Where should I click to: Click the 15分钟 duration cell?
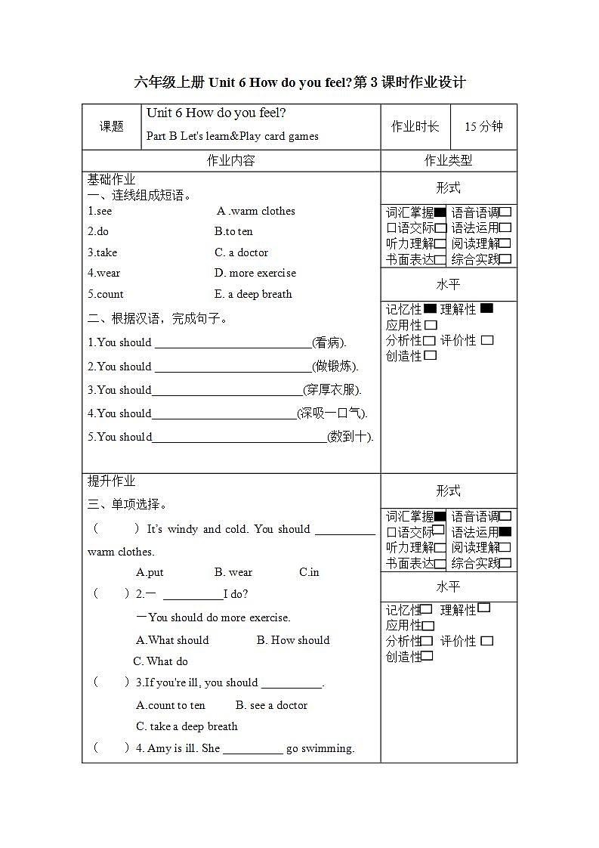pos(483,126)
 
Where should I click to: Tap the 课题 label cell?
pos(112,126)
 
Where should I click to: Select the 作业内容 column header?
pos(231,160)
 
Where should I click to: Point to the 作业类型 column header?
pos(448,160)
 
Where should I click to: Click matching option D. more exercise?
pos(255,273)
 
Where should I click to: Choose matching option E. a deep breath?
pos(253,294)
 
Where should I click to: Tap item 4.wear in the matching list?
pos(103,273)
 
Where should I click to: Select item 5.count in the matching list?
pos(105,294)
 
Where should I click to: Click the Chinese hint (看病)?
pos(329,342)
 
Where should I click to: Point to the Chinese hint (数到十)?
pos(350,437)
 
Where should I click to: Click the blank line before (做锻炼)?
pos(233,367)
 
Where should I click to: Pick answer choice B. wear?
pos(233,572)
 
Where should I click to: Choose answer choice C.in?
pos(309,572)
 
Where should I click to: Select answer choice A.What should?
pos(172,640)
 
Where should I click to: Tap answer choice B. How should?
pos(293,640)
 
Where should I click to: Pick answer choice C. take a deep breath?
pos(187,726)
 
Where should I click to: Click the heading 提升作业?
pos(112,481)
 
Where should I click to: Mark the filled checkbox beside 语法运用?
pos(505,531)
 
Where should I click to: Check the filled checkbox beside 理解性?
pos(486,308)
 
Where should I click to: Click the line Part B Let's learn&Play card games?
pos(233,136)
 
